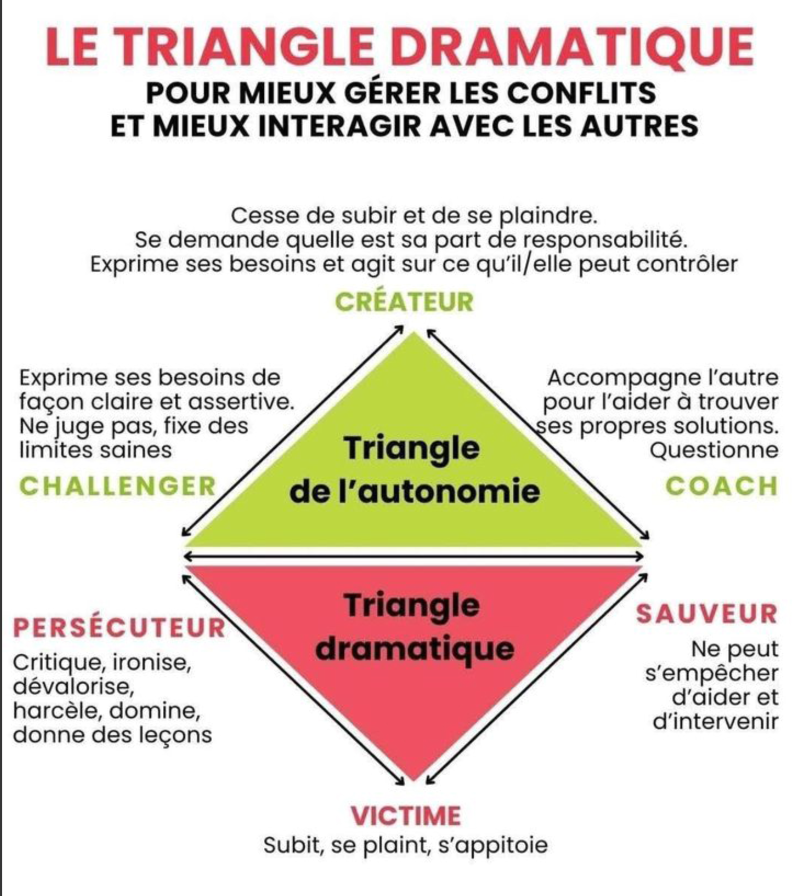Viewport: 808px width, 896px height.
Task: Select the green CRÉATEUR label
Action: point(404,302)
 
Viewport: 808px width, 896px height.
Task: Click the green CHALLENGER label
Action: point(117,486)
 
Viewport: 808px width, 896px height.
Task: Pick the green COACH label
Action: point(721,486)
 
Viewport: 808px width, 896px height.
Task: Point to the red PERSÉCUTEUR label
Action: point(119,628)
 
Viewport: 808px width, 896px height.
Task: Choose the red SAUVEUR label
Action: point(706,614)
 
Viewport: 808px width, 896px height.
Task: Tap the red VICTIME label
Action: point(405,815)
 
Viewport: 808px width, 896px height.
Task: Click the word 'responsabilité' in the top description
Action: point(605,240)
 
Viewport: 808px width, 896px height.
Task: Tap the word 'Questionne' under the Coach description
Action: point(713,450)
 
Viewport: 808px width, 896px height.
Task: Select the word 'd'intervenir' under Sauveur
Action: point(715,721)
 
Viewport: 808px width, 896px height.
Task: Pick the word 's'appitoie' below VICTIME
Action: point(492,845)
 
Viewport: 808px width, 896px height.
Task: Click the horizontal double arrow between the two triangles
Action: point(414,556)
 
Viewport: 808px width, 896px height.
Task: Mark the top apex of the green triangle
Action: point(414,334)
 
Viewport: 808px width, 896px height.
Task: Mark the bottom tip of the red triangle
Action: point(414,778)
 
